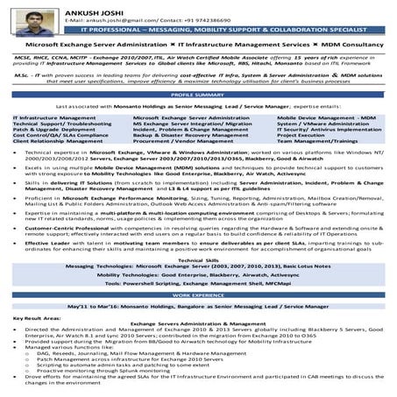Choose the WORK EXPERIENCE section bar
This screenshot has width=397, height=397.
pyautogui.click(x=198, y=295)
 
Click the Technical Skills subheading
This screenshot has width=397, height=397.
pyautogui.click(x=198, y=260)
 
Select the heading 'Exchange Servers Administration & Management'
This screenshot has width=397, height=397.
pyautogui.click(x=198, y=323)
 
